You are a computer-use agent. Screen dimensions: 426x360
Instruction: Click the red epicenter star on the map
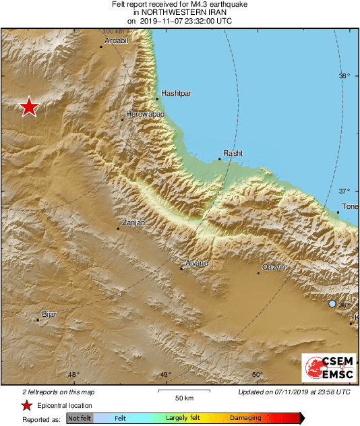coord(28,107)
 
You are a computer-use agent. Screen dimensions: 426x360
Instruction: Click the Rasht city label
coord(233,153)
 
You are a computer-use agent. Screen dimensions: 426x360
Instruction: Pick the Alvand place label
coord(197,262)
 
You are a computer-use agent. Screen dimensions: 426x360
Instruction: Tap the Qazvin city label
coord(274,267)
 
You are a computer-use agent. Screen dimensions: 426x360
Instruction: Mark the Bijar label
coord(49,314)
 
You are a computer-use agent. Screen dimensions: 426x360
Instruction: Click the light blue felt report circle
coord(332,304)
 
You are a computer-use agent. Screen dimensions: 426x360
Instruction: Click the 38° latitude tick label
coord(344,76)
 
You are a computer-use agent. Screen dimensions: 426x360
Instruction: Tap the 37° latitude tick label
coord(344,191)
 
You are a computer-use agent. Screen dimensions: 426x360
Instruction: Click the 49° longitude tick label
coord(165,375)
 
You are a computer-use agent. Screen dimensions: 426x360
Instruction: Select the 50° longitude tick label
coord(257,375)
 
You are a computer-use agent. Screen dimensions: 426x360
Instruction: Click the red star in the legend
coord(26,405)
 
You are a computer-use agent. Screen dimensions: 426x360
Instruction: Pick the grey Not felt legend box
coord(80,419)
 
